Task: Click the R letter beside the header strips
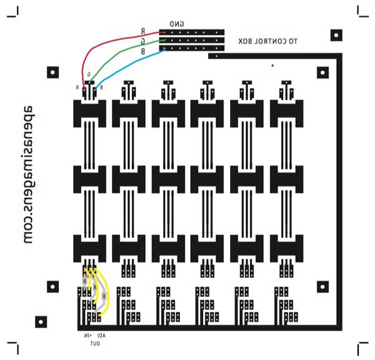(143, 31)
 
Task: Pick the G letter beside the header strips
(143, 41)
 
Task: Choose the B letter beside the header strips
(143, 51)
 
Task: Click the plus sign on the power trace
(272, 65)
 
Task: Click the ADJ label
(101, 336)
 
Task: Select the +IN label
(87, 336)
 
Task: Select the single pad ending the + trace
(216, 56)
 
